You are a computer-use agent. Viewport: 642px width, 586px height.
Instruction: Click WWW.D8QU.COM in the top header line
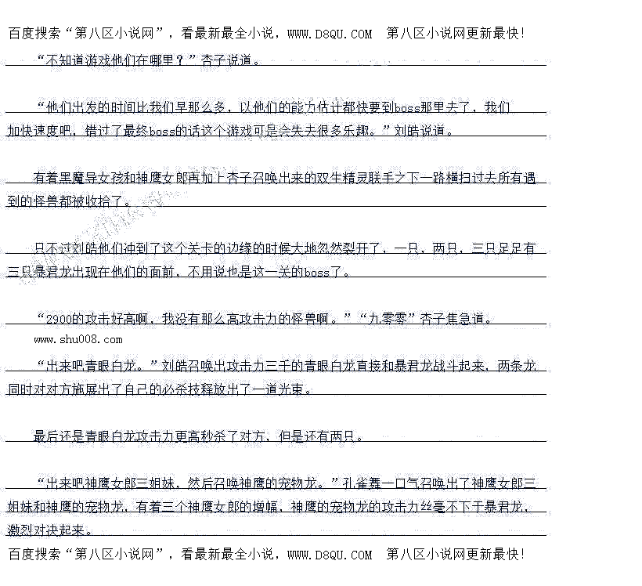pos(330,34)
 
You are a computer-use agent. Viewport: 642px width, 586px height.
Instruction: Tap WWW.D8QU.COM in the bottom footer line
pos(330,555)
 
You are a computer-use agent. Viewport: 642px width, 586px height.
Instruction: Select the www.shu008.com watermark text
pos(78,339)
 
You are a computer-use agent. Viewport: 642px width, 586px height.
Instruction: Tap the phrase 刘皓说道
pos(423,131)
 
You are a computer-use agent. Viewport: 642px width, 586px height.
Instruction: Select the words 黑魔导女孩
pos(93,178)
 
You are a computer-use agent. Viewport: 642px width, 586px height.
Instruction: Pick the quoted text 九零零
pos(386,319)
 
